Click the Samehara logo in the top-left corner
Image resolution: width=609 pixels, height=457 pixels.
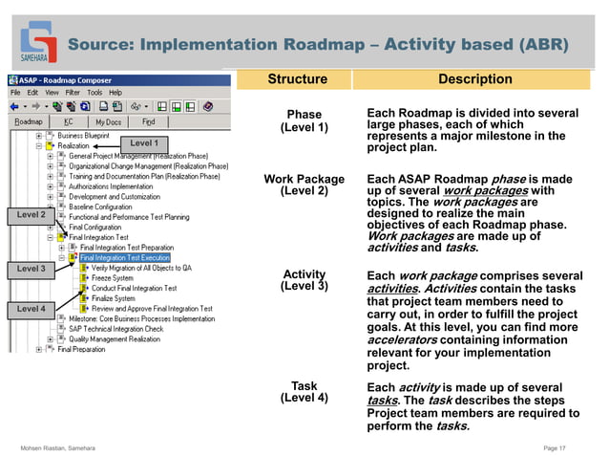pos(40,40)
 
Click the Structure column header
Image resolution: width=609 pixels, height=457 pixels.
pos(297,79)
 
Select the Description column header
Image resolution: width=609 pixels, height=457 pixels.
pos(474,79)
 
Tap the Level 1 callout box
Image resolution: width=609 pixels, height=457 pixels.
pos(144,143)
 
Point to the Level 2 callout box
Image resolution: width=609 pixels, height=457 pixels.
pos(31,216)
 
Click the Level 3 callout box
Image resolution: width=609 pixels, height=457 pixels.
pos(31,270)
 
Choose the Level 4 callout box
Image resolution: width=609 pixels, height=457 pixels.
pos(31,309)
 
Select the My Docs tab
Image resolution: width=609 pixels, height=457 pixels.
pos(108,122)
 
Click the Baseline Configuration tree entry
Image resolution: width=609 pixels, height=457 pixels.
pos(100,207)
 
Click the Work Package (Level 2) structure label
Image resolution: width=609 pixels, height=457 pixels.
pos(304,185)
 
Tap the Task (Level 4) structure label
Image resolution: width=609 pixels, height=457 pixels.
pos(304,392)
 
